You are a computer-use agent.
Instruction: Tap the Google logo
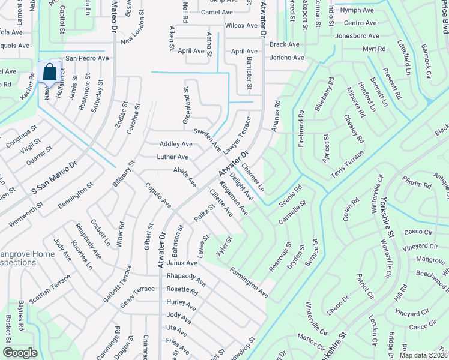click(20, 353)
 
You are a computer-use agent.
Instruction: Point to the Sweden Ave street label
click(207, 139)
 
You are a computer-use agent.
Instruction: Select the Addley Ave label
click(176, 145)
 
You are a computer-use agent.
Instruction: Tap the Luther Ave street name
click(173, 157)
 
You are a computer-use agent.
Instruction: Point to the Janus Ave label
click(182, 263)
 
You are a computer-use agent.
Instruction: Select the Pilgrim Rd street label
click(418, 183)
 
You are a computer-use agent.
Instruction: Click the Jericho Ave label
click(288, 58)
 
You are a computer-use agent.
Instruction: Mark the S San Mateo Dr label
click(55, 178)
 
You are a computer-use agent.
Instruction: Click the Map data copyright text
click(424, 354)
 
